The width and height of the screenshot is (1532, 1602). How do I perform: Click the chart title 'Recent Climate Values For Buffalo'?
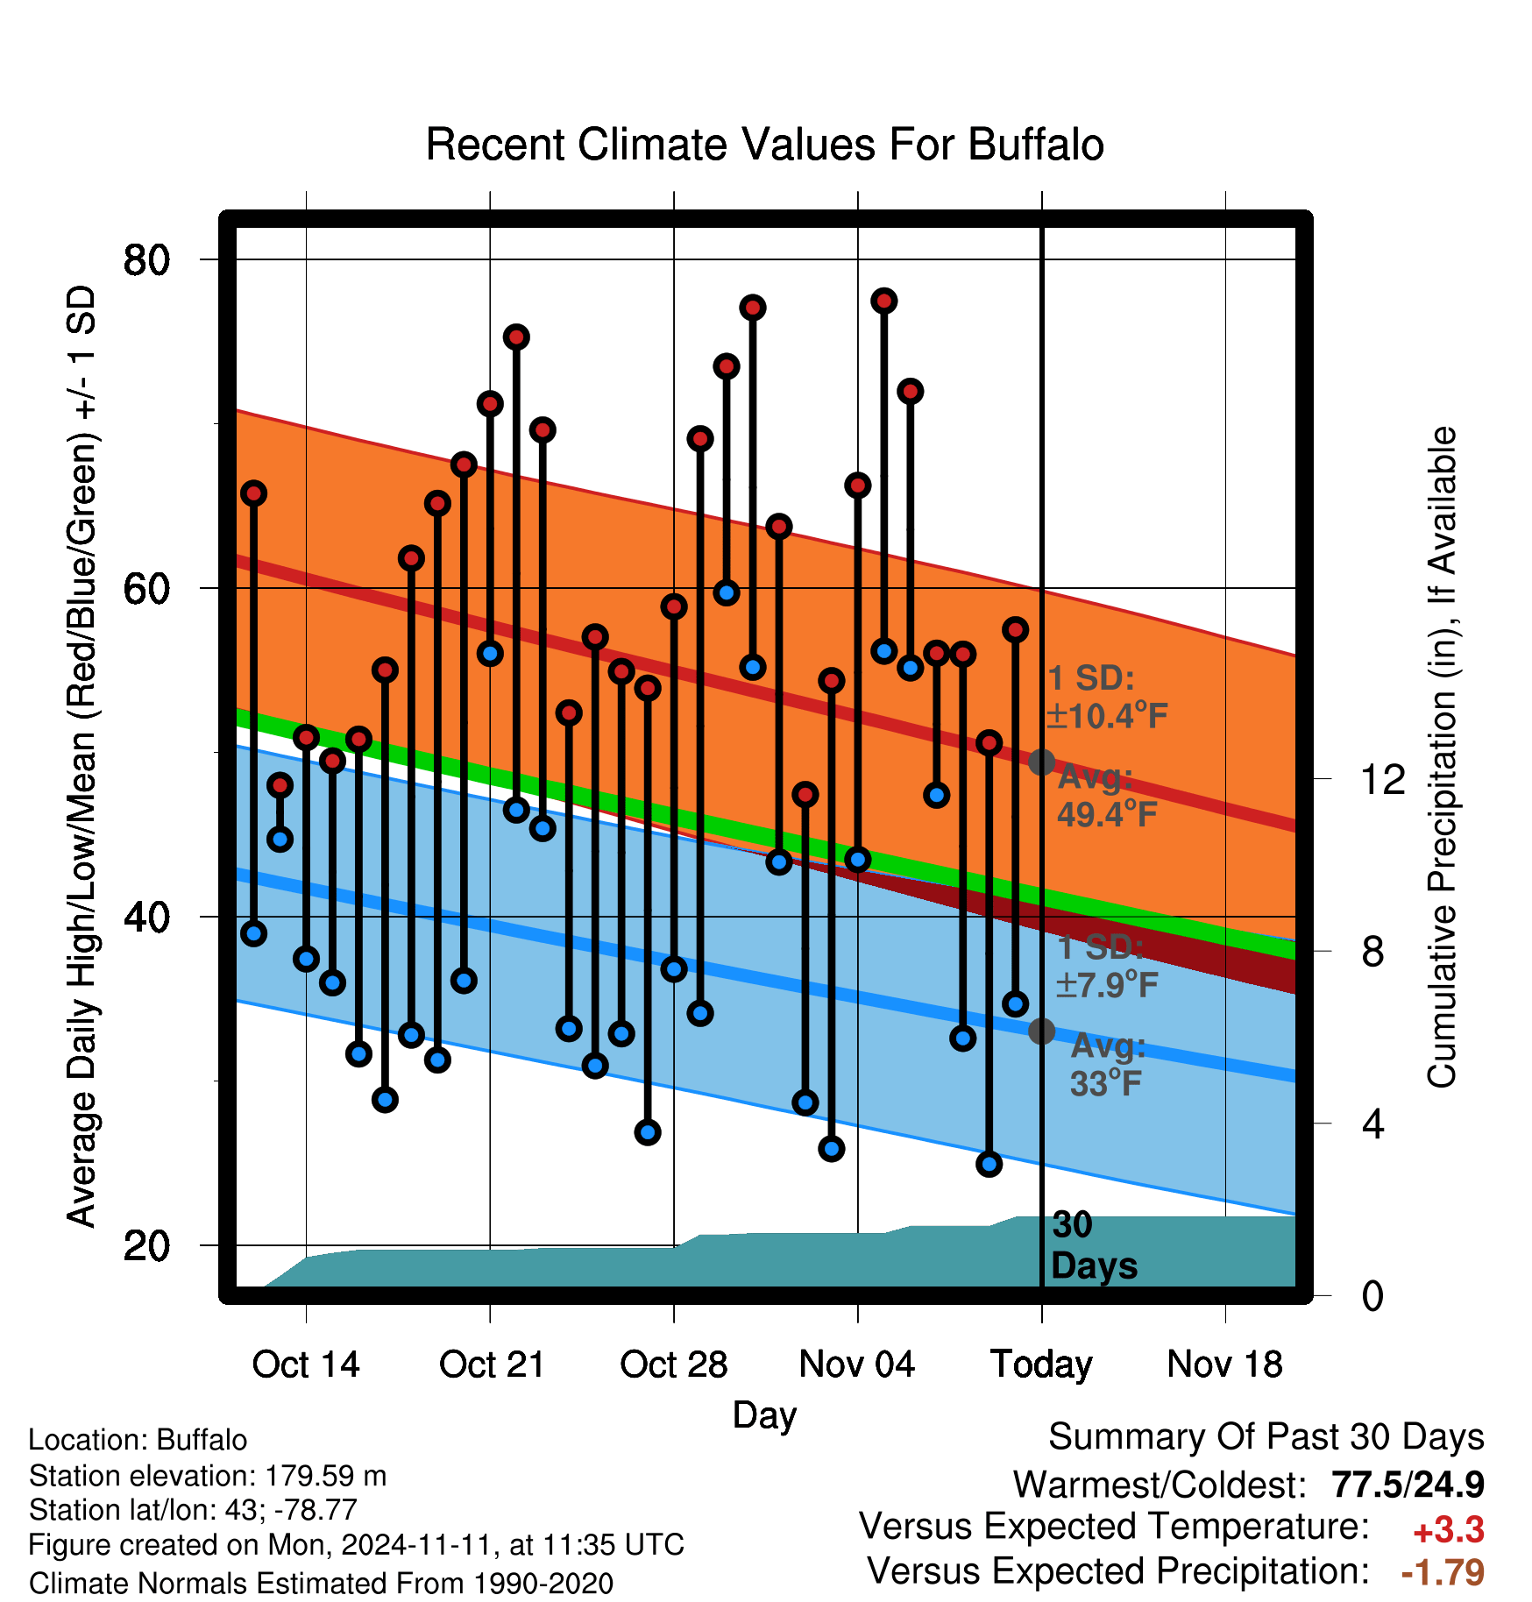764,145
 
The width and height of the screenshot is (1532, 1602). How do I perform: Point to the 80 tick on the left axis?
146,260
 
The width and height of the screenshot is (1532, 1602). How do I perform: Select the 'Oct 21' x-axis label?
492,1365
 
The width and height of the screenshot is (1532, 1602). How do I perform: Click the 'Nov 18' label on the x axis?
1224,1365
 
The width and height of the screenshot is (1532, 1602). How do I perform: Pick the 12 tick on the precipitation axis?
1382,779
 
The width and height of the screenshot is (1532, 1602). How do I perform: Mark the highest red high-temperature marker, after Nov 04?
883,301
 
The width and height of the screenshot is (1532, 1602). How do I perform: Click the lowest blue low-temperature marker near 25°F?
989,1164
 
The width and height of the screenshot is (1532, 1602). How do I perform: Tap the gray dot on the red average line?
1041,762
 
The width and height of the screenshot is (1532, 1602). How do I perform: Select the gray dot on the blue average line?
1041,1031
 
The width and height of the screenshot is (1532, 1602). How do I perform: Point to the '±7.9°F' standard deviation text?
1106,985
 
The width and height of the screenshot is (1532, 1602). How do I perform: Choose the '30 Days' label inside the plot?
1094,1245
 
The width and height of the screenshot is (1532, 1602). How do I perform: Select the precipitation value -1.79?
1443,1572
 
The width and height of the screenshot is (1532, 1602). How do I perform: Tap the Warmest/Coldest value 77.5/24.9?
1408,1485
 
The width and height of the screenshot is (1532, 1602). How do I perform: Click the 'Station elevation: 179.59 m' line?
208,1476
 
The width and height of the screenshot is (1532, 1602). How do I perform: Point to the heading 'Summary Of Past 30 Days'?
1266,1437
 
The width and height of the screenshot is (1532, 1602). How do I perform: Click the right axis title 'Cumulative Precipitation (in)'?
1442,758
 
